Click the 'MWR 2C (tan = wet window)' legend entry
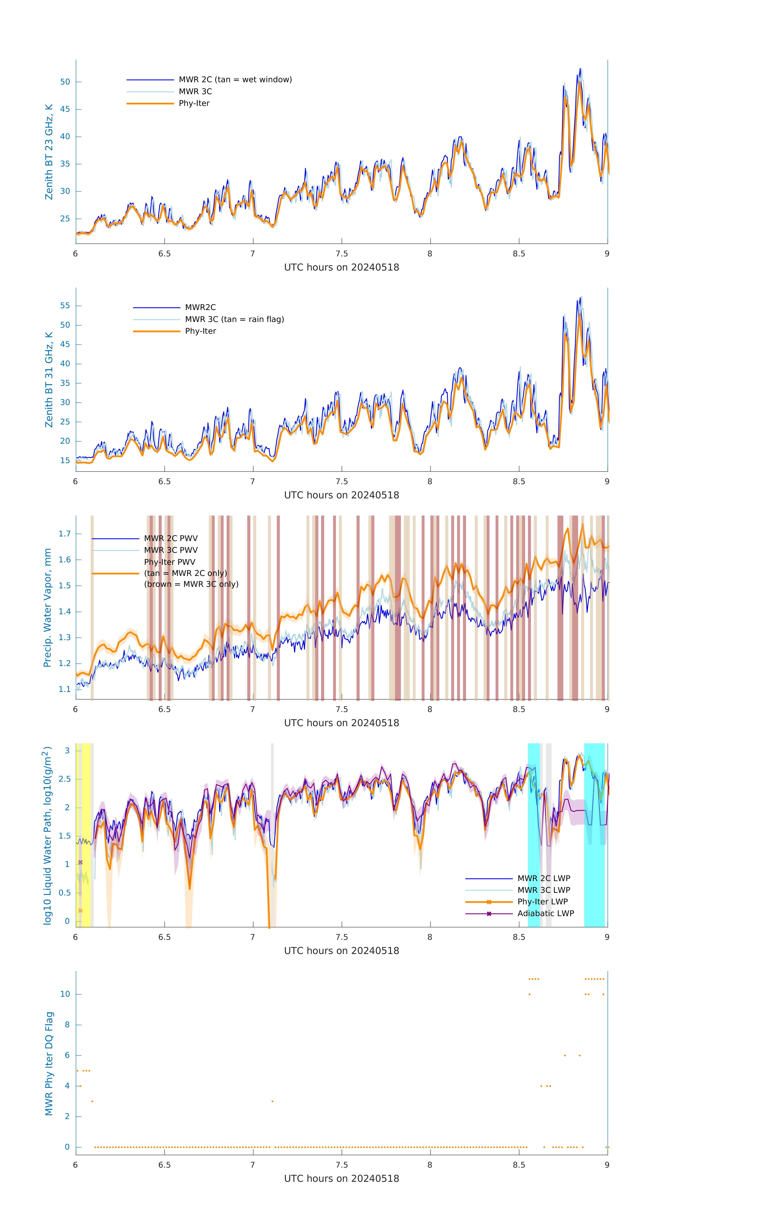point(235,80)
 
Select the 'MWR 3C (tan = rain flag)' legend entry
point(235,319)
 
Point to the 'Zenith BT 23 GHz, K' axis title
point(49,152)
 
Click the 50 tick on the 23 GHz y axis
point(65,82)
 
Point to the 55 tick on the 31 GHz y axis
point(65,306)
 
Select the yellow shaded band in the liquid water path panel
point(86,835)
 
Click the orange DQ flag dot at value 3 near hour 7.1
point(272,1101)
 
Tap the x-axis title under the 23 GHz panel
point(341,268)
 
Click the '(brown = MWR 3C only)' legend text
point(191,584)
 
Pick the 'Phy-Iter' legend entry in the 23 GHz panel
point(194,103)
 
